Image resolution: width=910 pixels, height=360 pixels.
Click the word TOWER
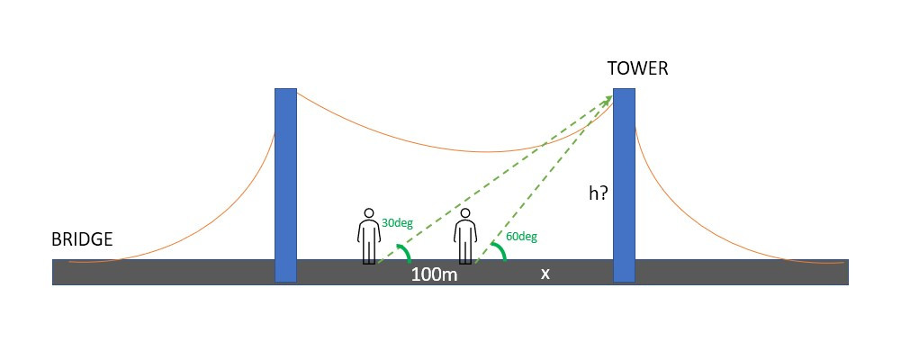[x=637, y=69]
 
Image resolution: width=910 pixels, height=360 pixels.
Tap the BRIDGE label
[x=82, y=239]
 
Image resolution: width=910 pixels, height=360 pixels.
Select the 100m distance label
[x=435, y=274]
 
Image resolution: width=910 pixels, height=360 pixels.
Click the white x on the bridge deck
[x=545, y=274]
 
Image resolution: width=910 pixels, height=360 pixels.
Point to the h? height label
[x=598, y=193]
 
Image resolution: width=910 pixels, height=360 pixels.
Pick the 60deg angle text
[x=522, y=237]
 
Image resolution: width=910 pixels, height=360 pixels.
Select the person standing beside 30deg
[x=368, y=237]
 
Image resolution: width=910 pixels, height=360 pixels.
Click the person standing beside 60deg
[x=464, y=237]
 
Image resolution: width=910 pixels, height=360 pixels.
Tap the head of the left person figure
[x=368, y=214]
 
